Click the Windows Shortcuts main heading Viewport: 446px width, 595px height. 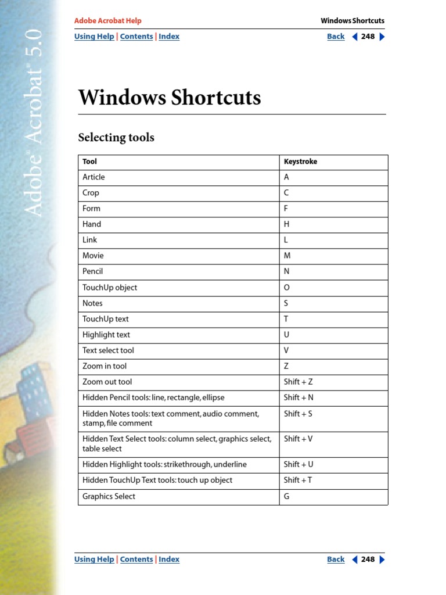pyautogui.click(x=170, y=98)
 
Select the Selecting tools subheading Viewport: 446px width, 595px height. pyautogui.click(x=116, y=138)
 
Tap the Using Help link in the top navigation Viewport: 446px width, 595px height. pyautogui.click(x=94, y=37)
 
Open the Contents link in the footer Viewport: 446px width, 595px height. pyautogui.click(x=136, y=560)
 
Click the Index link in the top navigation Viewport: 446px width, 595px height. pyautogui.click(x=169, y=37)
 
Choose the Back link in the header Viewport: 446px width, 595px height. pyautogui.click(x=336, y=37)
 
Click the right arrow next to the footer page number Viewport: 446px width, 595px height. pyautogui.click(x=382, y=560)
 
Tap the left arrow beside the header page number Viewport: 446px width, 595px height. pyautogui.click(x=355, y=37)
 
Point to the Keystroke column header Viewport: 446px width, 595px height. pyautogui.click(x=300, y=162)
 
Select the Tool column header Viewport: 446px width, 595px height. pyautogui.click(x=89, y=162)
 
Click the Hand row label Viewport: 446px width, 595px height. pyautogui.click(x=92, y=224)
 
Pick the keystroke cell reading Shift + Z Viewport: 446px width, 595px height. pyautogui.click(x=298, y=382)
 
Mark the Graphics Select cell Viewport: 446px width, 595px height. pyautogui.click(x=109, y=496)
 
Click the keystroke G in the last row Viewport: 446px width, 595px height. pyautogui.click(x=287, y=496)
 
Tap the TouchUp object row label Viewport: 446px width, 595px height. pyautogui.click(x=110, y=288)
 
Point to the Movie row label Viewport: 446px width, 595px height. pyautogui.click(x=93, y=256)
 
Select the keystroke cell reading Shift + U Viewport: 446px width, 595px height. pyautogui.click(x=298, y=464)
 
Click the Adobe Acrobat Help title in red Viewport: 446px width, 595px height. pyautogui.click(x=107, y=21)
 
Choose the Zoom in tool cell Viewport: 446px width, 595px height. pyautogui.click(x=105, y=366)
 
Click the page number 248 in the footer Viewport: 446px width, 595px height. pyautogui.click(x=368, y=560)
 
